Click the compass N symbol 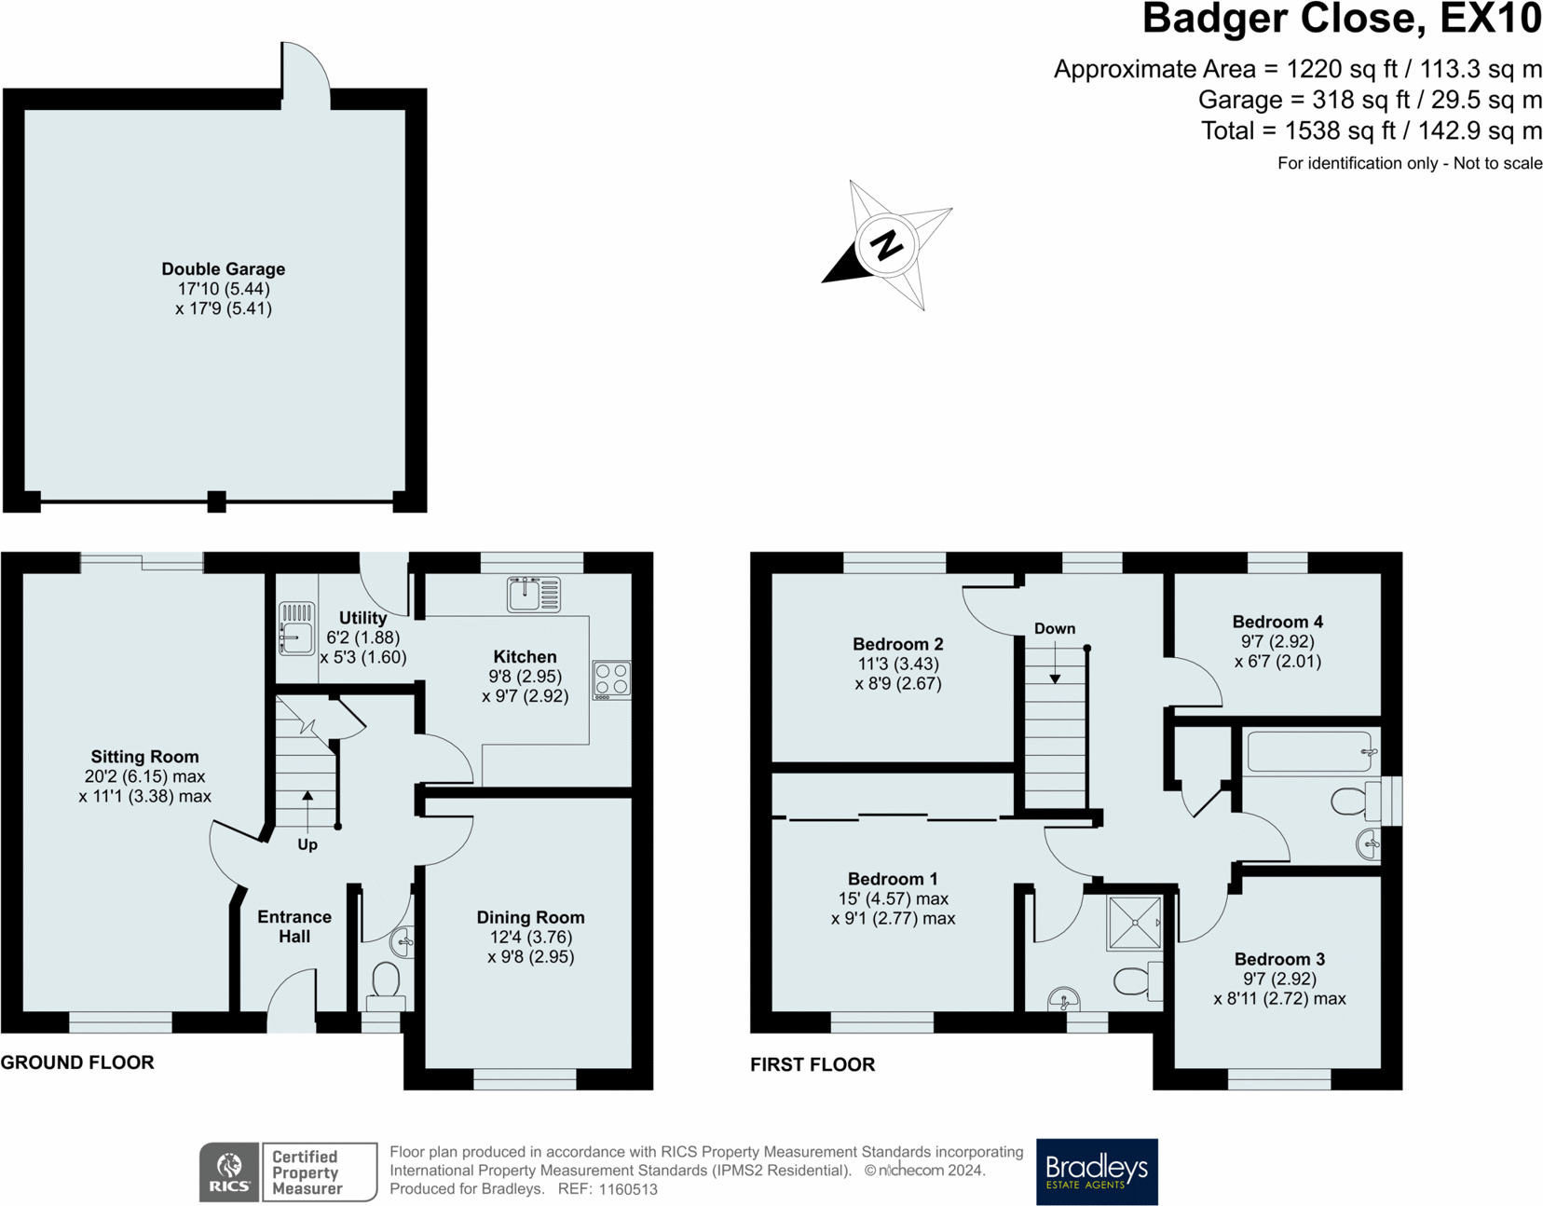pos(886,244)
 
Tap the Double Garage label pos(224,269)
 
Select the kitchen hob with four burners pos(612,680)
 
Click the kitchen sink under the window pos(534,595)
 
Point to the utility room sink pos(296,628)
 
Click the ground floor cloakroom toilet pos(386,984)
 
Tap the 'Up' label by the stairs pos(307,844)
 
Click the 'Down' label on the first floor pos(1055,629)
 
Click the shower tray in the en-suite pos(1135,923)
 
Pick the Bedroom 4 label pos(1277,622)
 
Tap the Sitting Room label pos(144,757)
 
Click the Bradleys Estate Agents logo pos(1097,1172)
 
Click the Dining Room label pos(530,917)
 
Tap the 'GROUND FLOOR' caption pos(77,1062)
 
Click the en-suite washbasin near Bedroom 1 pos(1063,1000)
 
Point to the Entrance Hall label pos(294,926)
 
